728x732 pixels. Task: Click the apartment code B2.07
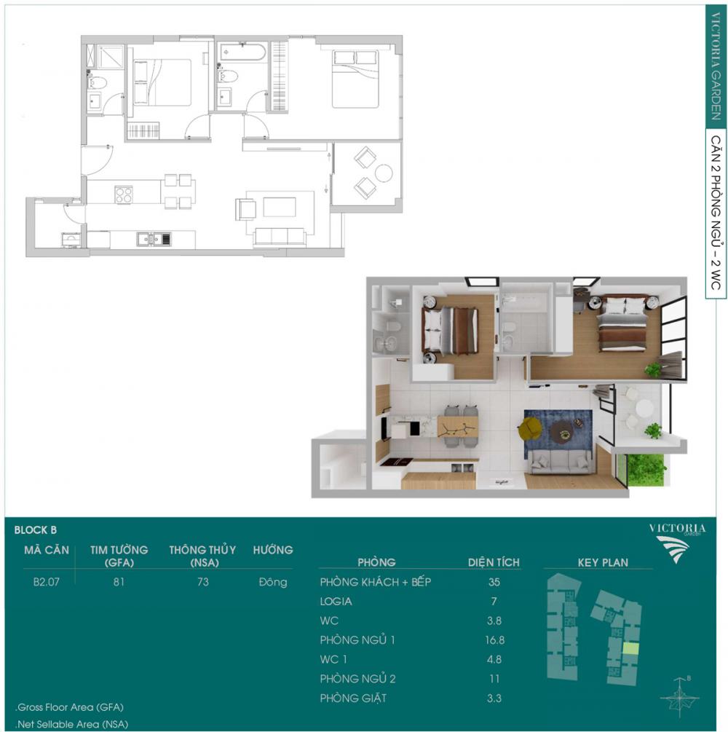46,582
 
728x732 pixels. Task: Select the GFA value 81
119,582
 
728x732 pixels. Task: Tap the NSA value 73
203,582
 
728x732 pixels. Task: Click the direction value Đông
273,582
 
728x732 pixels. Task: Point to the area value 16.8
494,640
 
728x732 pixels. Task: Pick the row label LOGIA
336,602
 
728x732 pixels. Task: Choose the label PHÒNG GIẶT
353,698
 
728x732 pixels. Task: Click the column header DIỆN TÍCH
494,562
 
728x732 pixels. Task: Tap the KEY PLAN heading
603,562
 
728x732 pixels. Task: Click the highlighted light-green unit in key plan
631,649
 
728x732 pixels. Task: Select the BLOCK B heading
36,530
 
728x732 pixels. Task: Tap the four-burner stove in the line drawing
124,194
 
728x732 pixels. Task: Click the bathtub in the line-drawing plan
242,52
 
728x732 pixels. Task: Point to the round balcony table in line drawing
384,173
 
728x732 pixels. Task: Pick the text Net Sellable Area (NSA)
72,724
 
